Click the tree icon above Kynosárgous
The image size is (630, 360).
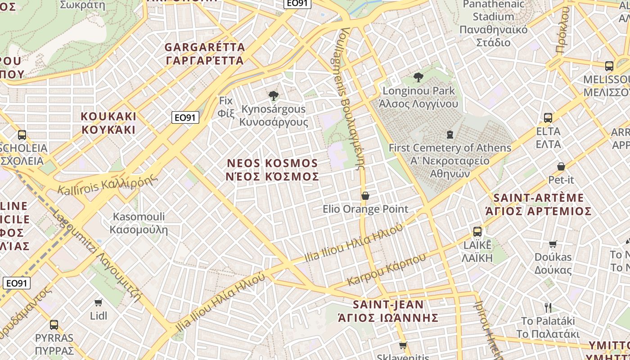[273, 95]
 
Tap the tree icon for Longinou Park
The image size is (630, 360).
[418, 77]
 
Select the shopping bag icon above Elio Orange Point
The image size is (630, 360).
[365, 196]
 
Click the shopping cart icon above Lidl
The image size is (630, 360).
[99, 302]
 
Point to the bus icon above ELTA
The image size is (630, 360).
[548, 118]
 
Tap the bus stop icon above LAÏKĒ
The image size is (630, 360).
[477, 232]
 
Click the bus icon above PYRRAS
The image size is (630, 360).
[54, 324]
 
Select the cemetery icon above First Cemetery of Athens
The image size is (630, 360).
[450, 134]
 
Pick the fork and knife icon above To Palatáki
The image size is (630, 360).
[548, 308]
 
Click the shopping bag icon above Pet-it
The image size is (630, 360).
[561, 166]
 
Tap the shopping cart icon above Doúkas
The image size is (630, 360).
[553, 244]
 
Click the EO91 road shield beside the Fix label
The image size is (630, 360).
[185, 117]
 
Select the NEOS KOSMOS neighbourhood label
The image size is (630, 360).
[272, 170]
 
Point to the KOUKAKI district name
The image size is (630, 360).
[108, 123]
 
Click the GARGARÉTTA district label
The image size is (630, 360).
[205, 54]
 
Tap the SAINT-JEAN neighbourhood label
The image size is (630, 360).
[388, 311]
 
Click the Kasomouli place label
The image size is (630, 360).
[139, 223]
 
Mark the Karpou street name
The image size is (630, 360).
[387, 270]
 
